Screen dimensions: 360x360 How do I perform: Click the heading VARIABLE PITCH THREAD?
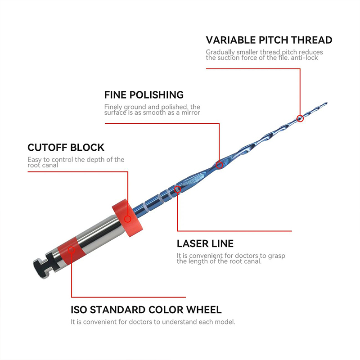[269, 40]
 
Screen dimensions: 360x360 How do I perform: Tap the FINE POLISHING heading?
[144, 95]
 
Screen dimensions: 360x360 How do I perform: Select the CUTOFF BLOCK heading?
[66, 148]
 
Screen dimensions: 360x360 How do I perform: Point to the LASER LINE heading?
[205, 243]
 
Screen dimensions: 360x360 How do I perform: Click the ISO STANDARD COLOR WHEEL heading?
[146, 310]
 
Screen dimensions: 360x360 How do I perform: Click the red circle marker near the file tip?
[300, 118]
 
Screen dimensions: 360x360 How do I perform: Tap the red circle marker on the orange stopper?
[128, 219]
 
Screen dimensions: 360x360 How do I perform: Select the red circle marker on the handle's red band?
[72, 250]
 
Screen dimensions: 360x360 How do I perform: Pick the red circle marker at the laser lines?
[177, 189]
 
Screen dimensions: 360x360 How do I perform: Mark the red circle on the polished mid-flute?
[219, 165]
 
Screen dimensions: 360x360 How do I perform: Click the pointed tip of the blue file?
[327, 103]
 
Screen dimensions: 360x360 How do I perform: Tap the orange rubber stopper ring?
[127, 218]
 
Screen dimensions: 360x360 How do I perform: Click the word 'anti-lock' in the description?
[304, 58]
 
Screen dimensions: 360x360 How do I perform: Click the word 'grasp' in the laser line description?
[277, 256]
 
